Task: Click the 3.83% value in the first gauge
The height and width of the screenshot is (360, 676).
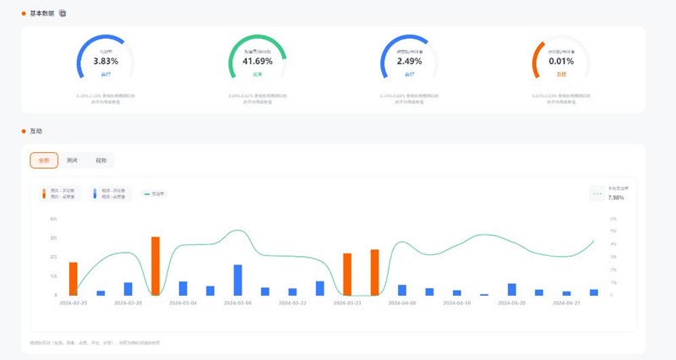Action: point(106,62)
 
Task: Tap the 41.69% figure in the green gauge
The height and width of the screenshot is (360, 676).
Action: point(258,62)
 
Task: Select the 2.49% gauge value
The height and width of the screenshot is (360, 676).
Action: point(409,62)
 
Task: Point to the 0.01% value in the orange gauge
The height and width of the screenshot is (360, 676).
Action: point(561,62)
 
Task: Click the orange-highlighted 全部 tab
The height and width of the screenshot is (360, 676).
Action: point(44,160)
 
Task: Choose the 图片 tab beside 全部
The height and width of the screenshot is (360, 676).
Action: point(73,160)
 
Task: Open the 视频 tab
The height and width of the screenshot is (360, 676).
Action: point(101,160)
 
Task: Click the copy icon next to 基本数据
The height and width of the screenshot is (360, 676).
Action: point(63,14)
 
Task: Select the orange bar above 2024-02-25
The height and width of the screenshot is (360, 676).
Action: point(74,279)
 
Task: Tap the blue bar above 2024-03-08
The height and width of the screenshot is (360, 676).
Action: point(237,280)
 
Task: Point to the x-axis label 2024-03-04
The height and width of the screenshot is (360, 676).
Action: point(183,302)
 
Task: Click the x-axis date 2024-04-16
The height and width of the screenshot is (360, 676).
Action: point(456,302)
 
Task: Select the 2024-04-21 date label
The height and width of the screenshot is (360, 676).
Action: point(566,302)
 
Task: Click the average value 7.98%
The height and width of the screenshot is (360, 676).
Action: point(616,197)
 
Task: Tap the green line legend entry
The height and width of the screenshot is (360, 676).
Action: point(155,194)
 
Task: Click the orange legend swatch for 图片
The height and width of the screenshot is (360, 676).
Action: point(45,194)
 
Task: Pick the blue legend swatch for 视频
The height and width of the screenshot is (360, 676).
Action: point(95,194)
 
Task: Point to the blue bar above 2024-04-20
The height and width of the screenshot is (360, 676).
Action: point(511,289)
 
